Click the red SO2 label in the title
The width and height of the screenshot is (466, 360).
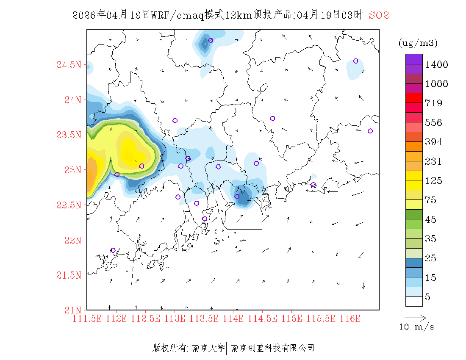(379, 15)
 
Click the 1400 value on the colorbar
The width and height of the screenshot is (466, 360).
(437, 65)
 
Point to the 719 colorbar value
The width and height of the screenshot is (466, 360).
(434, 103)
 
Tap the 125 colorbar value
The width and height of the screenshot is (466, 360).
(434, 181)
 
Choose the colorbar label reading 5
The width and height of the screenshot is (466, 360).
(428, 297)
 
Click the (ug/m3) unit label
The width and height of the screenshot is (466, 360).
(418, 43)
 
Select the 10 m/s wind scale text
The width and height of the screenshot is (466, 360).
(417, 327)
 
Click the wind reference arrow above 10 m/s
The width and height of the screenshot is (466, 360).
(415, 317)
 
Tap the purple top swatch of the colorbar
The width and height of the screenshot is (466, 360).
(414, 59)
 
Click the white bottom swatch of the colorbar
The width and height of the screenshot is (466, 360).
(414, 301)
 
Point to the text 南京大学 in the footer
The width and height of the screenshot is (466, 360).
(208, 348)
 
